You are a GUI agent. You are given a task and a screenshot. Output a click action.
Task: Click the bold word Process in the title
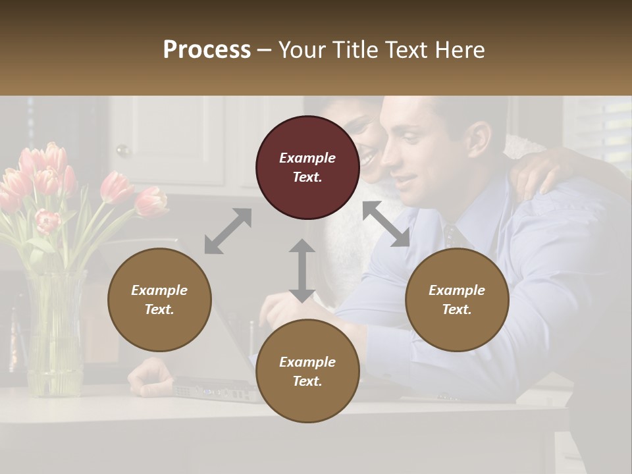pos(207,50)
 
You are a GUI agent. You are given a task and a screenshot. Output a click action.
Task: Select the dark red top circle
pos(307,167)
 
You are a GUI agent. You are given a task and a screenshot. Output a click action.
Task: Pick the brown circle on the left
pos(159,300)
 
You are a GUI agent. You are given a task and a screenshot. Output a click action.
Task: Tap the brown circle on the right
pos(457,300)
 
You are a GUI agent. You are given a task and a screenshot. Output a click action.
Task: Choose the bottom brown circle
pos(307,371)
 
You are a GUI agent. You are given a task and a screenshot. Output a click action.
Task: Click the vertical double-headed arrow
pos(302,271)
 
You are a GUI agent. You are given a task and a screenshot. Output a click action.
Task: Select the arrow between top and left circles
pos(228,231)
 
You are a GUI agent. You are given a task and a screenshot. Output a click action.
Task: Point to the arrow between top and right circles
pos(386,224)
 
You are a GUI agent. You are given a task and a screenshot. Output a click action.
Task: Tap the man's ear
pos(479,139)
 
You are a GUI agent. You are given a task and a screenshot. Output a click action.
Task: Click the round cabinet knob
pos(122,151)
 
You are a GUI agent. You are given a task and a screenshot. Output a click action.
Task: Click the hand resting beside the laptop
pos(150,377)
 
